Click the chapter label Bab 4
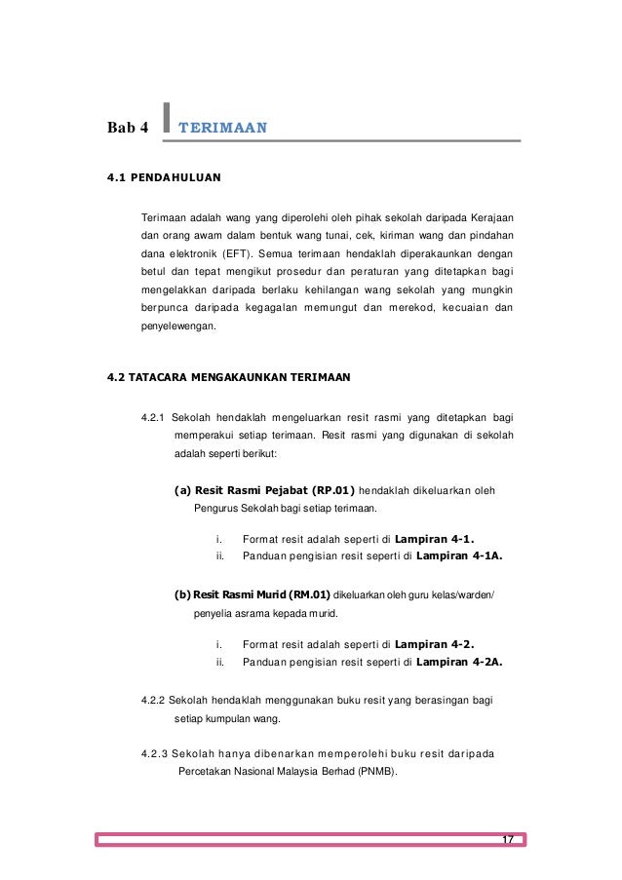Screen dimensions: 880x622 tap(129, 128)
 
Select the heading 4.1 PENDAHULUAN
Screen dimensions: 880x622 tap(164, 178)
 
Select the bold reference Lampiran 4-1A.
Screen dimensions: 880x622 tap(465, 556)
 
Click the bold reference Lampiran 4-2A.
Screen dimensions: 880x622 tap(465, 663)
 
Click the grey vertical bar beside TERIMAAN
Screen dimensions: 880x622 tap(169, 120)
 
